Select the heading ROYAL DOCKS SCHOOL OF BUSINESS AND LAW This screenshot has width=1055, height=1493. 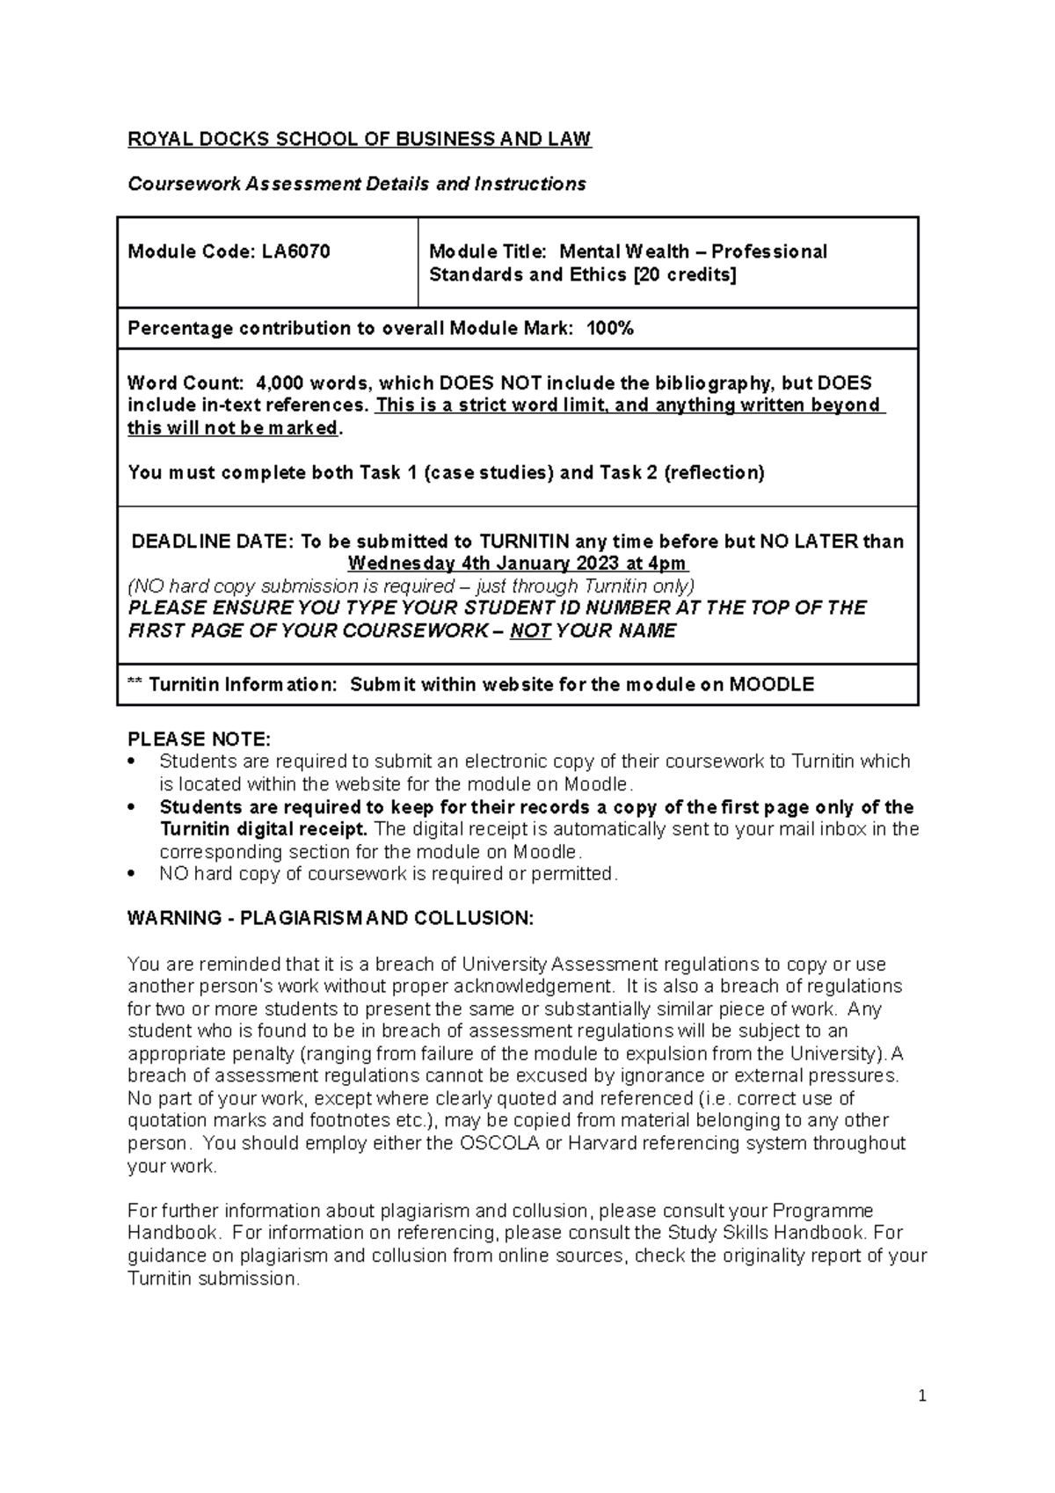(360, 139)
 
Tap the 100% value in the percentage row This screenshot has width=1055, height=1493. (610, 329)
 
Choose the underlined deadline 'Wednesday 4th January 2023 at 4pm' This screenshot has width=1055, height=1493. (518, 564)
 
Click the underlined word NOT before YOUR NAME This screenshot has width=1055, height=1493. (530, 631)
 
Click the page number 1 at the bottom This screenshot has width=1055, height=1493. (922, 1396)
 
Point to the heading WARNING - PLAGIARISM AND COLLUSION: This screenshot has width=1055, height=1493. (331, 919)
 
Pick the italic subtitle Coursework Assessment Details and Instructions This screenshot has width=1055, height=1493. (357, 185)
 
